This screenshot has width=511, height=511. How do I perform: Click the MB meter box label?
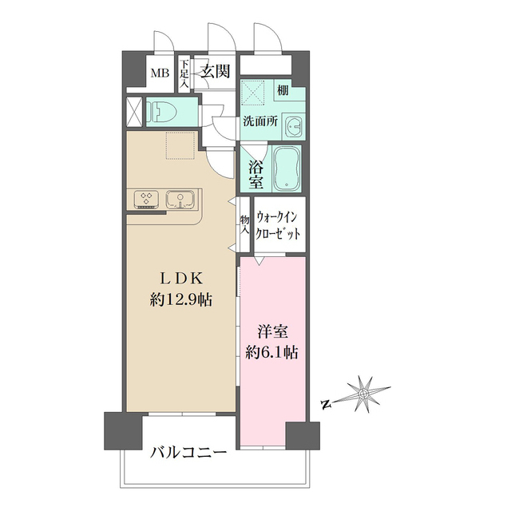[160, 73]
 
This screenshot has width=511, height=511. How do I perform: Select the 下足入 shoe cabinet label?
[184, 74]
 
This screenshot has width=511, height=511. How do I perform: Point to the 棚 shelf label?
[283, 91]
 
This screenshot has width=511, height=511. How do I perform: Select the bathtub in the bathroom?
[287, 169]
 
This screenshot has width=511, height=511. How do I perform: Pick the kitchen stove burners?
[146, 198]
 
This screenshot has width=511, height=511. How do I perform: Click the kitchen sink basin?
[178, 198]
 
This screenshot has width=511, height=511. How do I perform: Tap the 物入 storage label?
[244, 223]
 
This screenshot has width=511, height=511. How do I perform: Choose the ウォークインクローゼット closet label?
[279, 226]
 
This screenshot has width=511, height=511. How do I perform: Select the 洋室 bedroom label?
[271, 329]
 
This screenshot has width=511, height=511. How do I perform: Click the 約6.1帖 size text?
[271, 351]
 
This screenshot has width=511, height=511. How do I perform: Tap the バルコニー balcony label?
[188, 454]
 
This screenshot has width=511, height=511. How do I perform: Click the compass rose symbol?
[362, 394]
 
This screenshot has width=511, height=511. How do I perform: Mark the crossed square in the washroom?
[256, 96]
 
